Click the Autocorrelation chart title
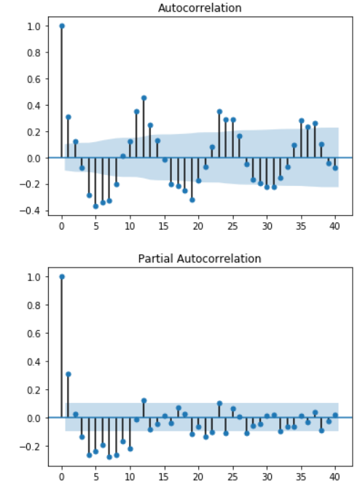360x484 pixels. point(200,8)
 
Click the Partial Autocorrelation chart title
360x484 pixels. point(200,259)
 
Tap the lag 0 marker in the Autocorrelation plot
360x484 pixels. point(62,26)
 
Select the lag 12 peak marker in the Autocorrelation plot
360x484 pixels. point(144,98)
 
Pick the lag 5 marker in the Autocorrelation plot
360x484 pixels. point(95,206)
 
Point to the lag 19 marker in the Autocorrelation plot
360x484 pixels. point(192,200)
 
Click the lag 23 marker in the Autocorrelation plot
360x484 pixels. point(219,112)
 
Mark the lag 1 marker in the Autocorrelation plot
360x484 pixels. point(69,117)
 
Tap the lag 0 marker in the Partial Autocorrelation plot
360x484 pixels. point(62,276)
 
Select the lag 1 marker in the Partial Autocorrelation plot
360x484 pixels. point(69,374)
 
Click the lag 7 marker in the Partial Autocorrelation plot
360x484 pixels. point(109,457)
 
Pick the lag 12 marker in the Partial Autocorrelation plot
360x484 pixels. point(144,401)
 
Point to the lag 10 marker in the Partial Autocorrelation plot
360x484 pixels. point(130,449)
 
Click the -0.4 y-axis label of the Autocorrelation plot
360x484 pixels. point(30,211)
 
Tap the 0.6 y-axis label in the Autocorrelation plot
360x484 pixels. point(34,79)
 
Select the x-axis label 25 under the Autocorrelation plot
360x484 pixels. point(232,226)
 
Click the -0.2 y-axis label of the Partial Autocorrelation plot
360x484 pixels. point(30,446)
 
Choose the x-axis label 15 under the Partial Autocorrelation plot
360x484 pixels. point(164,477)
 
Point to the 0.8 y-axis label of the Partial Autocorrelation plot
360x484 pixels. point(34,305)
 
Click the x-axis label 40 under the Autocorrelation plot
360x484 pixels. point(334,226)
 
